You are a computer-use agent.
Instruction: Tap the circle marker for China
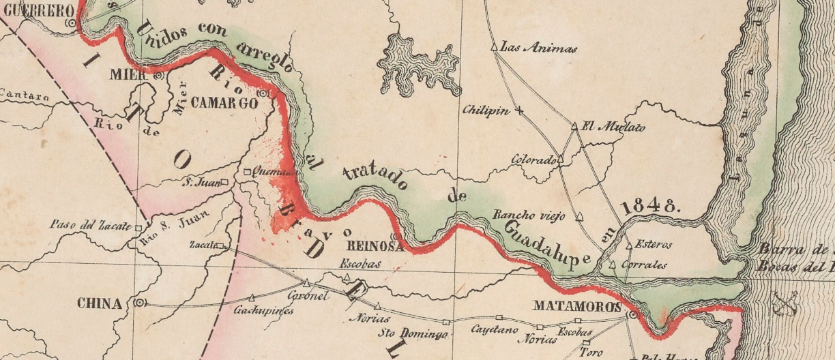pyautogui.click(x=139, y=302)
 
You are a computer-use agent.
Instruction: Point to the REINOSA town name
pyautogui.click(x=370, y=246)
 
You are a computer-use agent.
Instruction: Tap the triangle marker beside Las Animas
pyautogui.click(x=495, y=48)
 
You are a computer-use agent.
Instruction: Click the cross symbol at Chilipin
pyautogui.click(x=519, y=110)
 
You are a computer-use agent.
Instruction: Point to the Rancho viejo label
pyautogui.click(x=529, y=217)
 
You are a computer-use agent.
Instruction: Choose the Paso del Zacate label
pyautogui.click(x=91, y=225)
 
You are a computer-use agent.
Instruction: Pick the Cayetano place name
pyautogui.click(x=490, y=329)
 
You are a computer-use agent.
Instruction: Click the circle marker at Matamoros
pyautogui.click(x=632, y=316)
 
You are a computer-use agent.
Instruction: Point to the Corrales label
pyautogui.click(x=644, y=265)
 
